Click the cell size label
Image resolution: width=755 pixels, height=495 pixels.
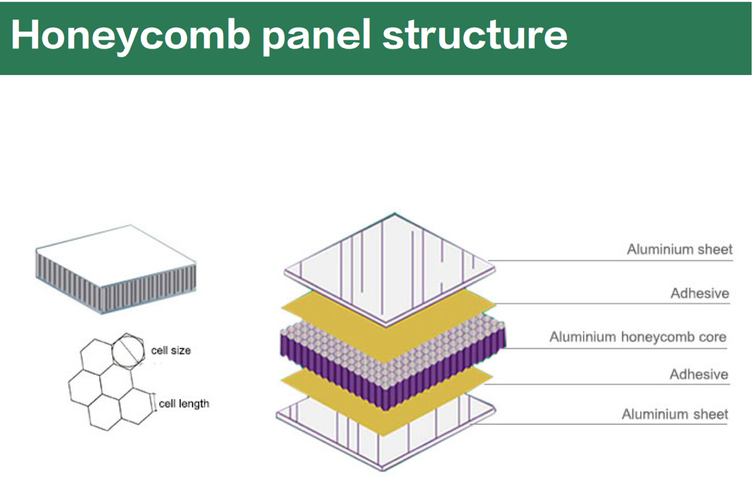pos(171,350)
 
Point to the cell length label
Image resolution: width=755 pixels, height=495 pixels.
pos(184,404)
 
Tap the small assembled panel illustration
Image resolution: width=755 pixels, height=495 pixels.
pos(115,270)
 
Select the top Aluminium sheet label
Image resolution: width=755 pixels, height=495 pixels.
pos(679,249)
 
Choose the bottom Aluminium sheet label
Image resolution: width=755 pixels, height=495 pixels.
pos(675,414)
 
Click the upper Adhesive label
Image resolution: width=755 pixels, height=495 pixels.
pos(700,293)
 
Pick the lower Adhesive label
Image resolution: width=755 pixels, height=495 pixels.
pos(699,374)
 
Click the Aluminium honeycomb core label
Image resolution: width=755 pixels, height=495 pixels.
pos(637,336)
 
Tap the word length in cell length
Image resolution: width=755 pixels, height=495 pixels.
pos(194,404)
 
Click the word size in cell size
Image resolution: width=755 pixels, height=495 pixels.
pos(181,350)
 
